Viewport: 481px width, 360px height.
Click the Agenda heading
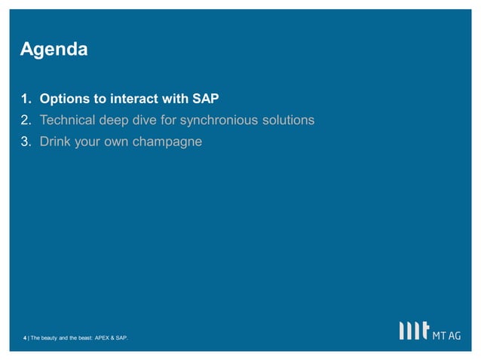click(x=54, y=50)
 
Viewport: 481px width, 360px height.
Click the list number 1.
click(x=25, y=99)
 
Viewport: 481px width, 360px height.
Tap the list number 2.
click(x=25, y=120)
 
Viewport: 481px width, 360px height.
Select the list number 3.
click(x=25, y=141)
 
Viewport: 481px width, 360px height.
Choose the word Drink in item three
click(x=56, y=141)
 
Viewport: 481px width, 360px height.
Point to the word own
click(x=115, y=141)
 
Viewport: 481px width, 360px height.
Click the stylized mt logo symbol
click(x=414, y=331)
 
